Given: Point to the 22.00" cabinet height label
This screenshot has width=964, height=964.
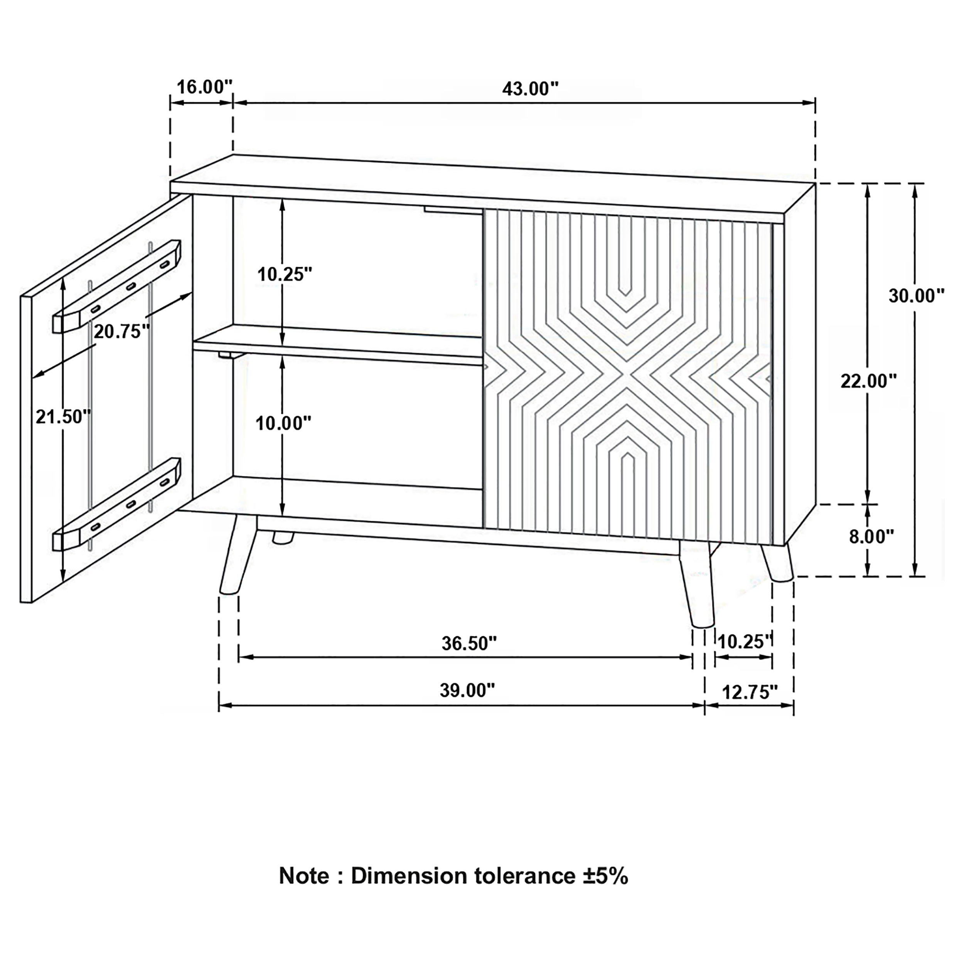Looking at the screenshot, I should (x=869, y=381).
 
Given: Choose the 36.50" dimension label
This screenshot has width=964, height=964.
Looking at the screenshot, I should (x=469, y=644).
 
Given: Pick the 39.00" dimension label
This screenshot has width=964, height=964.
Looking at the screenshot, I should (x=467, y=691).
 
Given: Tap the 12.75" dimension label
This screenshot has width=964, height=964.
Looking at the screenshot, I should (x=750, y=692).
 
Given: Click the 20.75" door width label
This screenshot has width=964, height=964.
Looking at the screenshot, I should (x=122, y=331).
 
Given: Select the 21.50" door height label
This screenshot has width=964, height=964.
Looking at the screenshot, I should (x=63, y=416).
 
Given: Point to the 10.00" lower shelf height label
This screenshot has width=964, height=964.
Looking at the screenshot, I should (x=283, y=424).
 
